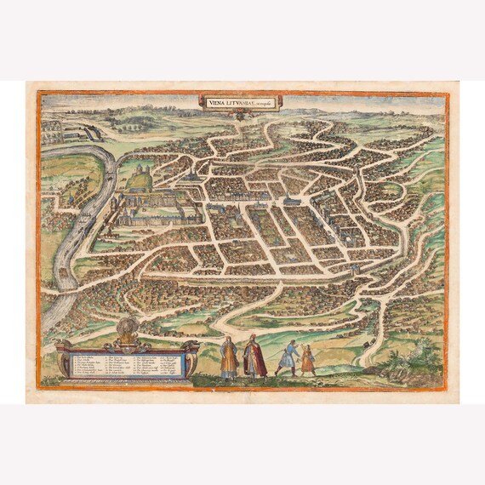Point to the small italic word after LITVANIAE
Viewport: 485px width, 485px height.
[x=267, y=101]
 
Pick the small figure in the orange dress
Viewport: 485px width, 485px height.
[x=308, y=360]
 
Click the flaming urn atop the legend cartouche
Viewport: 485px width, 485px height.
[x=130, y=328]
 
